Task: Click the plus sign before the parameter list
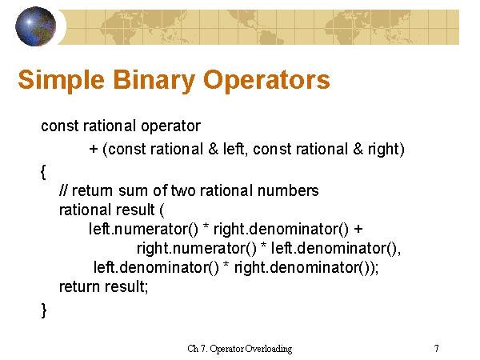tap(93, 149)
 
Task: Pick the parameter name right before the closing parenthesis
tap(384, 149)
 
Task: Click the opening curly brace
tap(43, 171)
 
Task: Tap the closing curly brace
tap(43, 310)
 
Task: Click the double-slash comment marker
tap(63, 190)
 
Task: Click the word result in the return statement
tap(126, 287)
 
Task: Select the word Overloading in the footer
tap(268, 349)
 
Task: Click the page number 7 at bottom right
tap(436, 349)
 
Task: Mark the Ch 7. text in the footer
tap(198, 349)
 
